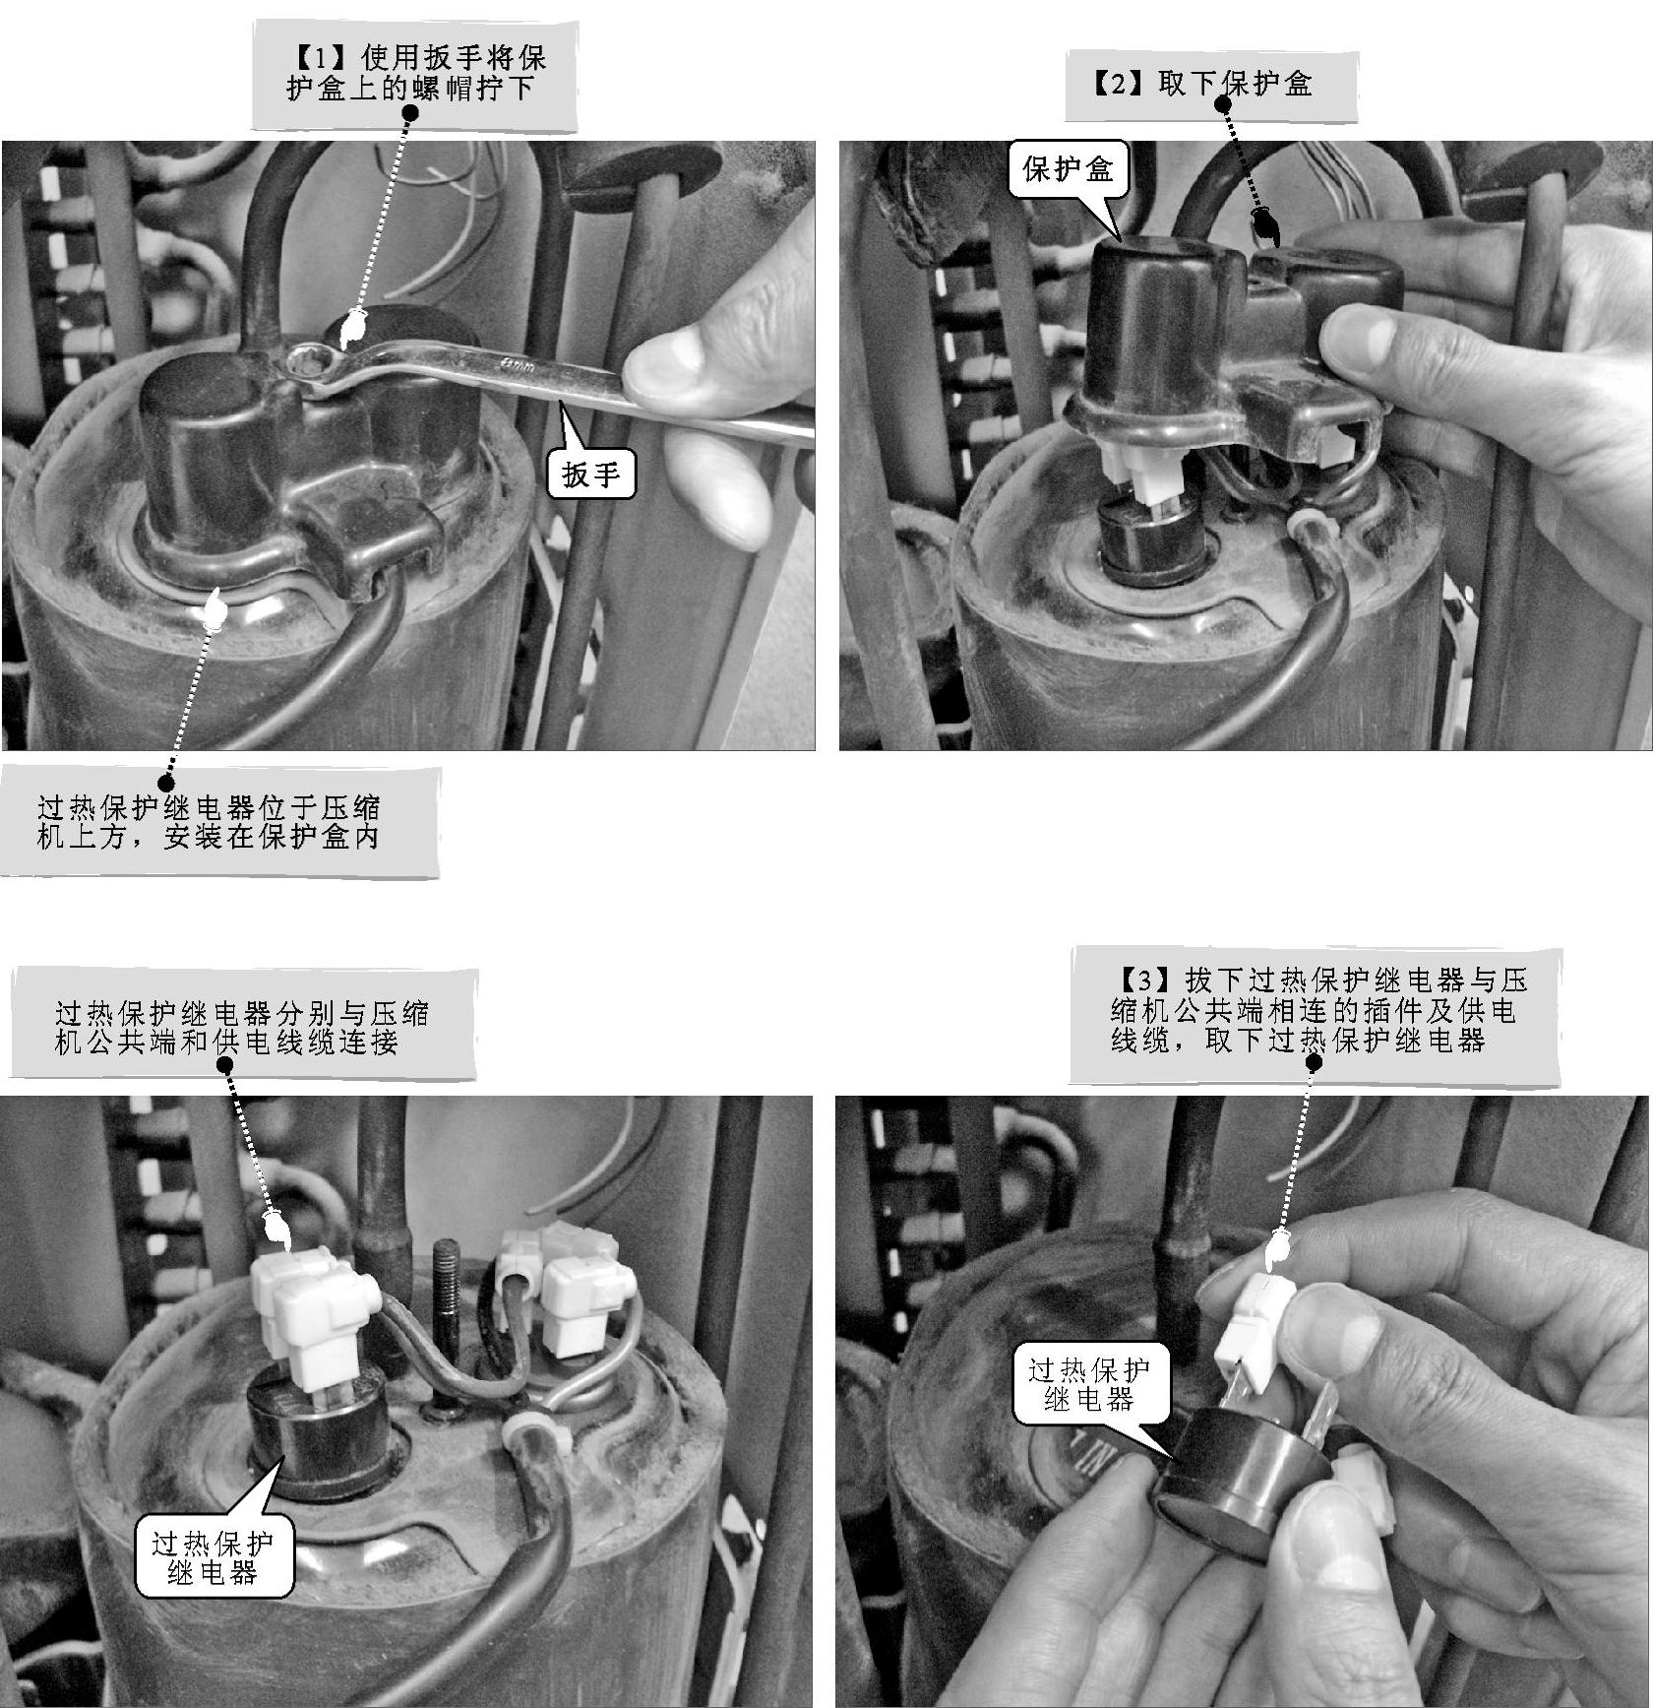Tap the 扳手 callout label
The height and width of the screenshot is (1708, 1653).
pyautogui.click(x=591, y=474)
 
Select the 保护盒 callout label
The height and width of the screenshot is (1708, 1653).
pyautogui.click(x=1068, y=169)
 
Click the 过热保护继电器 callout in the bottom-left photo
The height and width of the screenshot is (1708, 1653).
pyautogui.click(x=214, y=1557)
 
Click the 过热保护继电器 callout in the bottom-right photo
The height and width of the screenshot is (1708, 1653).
pyautogui.click(x=1089, y=1386)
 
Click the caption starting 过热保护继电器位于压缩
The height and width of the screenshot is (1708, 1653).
pyautogui.click(x=209, y=822)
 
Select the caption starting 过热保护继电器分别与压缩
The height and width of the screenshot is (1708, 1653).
pyautogui.click(x=242, y=1027)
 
